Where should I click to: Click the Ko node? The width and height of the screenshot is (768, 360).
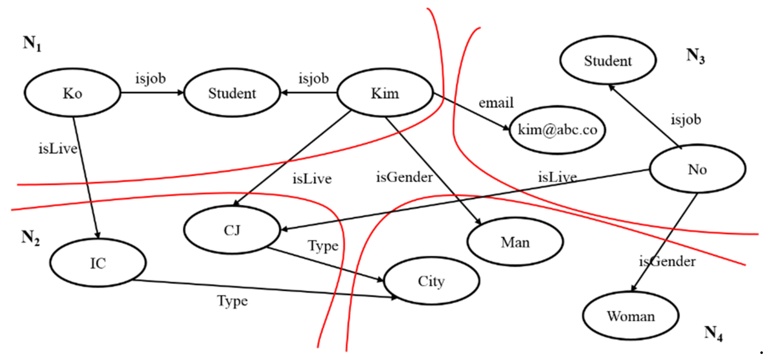72,93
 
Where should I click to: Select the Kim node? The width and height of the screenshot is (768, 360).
385,93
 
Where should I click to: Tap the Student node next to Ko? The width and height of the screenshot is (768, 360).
232,93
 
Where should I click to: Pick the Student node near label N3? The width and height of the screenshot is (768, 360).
608,60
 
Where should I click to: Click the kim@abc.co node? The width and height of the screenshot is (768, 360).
557,130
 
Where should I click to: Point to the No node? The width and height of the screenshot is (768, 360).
697,169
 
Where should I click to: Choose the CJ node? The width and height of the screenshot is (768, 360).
232,230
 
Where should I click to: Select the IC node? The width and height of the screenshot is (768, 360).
98,263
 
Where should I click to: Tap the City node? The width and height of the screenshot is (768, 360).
431,281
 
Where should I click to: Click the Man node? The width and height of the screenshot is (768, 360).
515,242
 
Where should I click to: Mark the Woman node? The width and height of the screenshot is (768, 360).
631,316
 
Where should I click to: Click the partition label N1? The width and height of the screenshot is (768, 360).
32,43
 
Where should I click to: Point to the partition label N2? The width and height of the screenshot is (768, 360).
30,238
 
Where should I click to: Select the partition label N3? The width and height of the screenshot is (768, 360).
696,56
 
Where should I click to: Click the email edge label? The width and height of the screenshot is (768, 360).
496,103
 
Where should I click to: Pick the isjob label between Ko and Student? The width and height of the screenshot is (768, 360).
151,79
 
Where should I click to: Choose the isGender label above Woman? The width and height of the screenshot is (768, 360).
667,261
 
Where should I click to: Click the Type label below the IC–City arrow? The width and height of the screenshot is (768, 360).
232,301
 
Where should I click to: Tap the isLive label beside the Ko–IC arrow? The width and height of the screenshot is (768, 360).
58,148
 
